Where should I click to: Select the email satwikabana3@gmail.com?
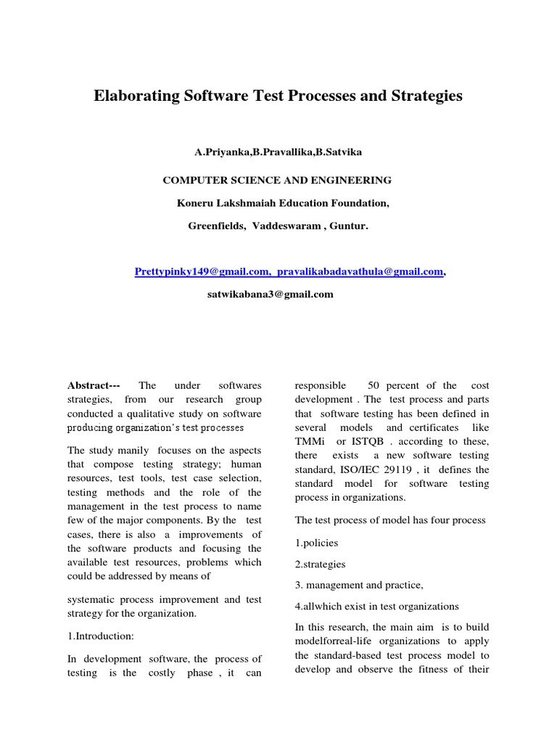pyautogui.click(x=271, y=294)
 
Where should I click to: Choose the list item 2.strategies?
pyautogui.click(x=320, y=564)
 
